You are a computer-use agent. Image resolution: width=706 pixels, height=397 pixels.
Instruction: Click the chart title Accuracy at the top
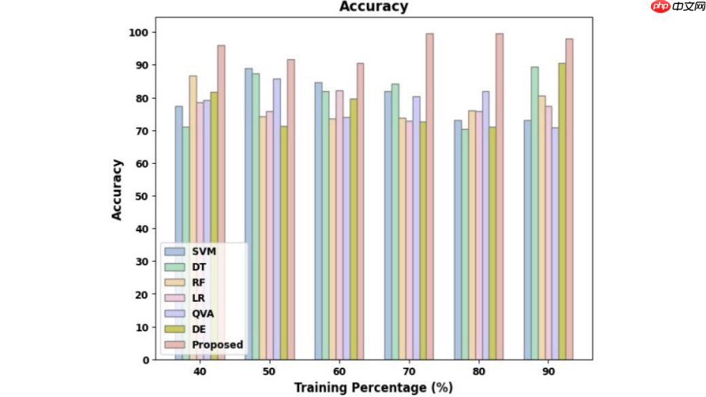click(374, 7)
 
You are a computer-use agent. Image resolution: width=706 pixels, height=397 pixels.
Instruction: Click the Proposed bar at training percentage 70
click(429, 196)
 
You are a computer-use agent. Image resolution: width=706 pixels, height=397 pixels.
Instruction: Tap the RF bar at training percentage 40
click(193, 218)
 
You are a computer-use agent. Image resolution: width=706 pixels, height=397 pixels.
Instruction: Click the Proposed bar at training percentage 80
click(499, 196)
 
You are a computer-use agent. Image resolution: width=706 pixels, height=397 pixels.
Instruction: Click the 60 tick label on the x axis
click(339, 372)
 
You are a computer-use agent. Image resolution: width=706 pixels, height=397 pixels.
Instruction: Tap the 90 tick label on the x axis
click(548, 372)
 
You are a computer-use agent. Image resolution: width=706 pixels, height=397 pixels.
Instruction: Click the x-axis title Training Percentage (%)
click(373, 387)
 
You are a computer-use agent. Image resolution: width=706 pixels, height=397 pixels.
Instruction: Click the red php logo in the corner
click(659, 7)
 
